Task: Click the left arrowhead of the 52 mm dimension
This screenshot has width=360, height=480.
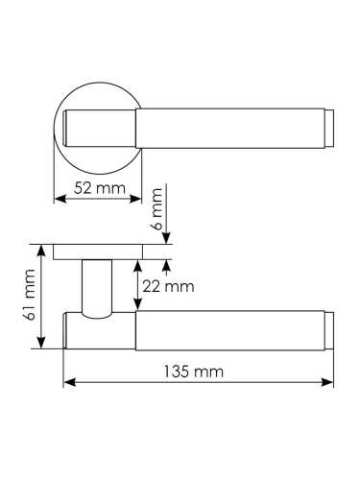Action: tap(55, 199)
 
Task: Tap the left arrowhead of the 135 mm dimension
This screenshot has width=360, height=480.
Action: tap(67, 383)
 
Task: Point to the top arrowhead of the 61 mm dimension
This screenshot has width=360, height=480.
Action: tap(41, 248)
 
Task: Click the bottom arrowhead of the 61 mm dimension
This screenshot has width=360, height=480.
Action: tap(41, 346)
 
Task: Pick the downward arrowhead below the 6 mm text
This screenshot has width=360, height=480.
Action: tap(167, 239)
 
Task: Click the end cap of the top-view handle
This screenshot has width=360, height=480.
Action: tap(328, 126)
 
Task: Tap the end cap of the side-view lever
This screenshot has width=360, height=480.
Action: tap(329, 329)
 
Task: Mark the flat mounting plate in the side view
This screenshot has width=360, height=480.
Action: tap(97, 252)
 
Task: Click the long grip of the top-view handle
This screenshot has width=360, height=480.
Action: tap(230, 126)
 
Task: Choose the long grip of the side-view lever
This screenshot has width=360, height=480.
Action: tap(230, 329)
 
